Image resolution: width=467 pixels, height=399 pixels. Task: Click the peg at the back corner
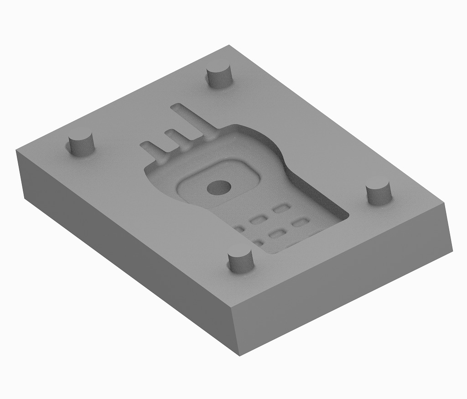pos(219,76)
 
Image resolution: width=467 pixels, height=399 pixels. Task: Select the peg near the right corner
pos(379,192)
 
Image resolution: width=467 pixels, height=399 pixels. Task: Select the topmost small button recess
pos(281,209)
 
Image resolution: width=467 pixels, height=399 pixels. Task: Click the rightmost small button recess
pos(300,223)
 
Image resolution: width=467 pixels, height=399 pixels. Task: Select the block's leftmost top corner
pos(17,150)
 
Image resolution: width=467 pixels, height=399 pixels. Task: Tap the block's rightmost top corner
pos(445,203)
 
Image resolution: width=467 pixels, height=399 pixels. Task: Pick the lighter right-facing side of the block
pos(347,292)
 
